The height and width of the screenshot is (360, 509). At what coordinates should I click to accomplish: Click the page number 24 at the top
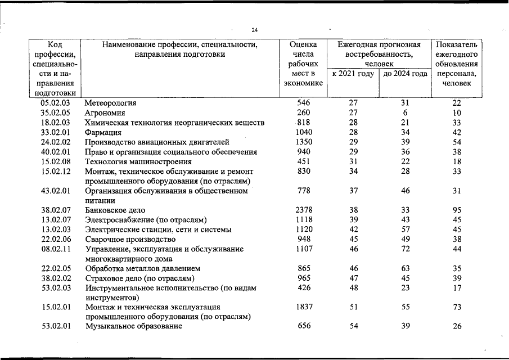254,30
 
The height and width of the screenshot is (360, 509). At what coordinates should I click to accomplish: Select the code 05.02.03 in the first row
55,103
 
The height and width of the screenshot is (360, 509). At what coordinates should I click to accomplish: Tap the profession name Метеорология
111,103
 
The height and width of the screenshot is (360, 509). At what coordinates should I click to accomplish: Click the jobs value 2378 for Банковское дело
304,210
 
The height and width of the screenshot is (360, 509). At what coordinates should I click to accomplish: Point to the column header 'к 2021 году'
353,74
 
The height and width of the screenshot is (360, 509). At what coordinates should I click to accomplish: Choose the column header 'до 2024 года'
405,74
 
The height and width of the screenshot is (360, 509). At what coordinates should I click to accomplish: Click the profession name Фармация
103,133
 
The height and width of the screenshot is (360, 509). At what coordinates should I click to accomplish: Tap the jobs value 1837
304,307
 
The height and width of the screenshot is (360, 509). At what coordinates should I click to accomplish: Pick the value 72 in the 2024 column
405,249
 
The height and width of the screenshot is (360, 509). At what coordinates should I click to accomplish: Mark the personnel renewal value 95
457,210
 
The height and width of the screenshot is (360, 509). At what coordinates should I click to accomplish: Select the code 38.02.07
55,210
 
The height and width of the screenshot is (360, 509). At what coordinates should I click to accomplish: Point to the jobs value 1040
304,133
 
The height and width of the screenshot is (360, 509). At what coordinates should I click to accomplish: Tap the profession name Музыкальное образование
134,327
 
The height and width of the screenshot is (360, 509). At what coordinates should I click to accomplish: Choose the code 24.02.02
55,142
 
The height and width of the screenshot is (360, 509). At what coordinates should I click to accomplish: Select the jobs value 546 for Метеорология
304,103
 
